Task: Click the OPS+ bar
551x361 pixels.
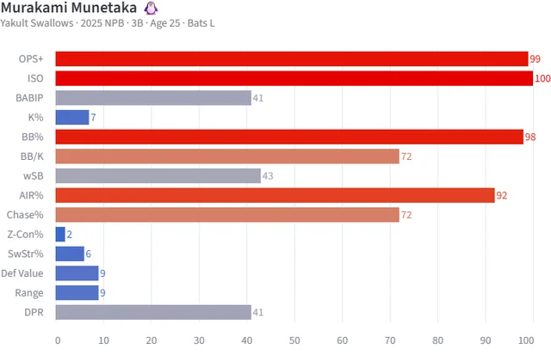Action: pyautogui.click(x=292, y=58)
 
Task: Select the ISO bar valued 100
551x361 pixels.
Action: pyautogui.click(x=294, y=78)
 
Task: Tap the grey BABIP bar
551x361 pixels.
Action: pyautogui.click(x=153, y=98)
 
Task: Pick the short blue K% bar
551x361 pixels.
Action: pyautogui.click(x=72, y=117)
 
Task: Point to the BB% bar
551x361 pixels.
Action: pyautogui.click(x=289, y=137)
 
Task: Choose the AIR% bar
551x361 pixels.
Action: pyautogui.click(x=275, y=195)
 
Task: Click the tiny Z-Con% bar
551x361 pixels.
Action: pyautogui.click(x=60, y=234)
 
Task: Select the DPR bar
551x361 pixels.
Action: pyautogui.click(x=153, y=312)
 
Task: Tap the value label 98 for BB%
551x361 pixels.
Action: pyautogui.click(x=531, y=138)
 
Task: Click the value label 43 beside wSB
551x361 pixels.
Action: pyautogui.click(x=269, y=176)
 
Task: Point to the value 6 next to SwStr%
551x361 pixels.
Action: pyautogui.click(x=90, y=254)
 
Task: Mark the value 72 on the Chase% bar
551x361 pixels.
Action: pyautogui.click(x=406, y=215)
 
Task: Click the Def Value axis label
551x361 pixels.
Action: pyautogui.click(x=26, y=273)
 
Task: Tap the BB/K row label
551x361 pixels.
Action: pyautogui.click(x=34, y=156)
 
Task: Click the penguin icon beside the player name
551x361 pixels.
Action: pyautogui.click(x=151, y=8)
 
